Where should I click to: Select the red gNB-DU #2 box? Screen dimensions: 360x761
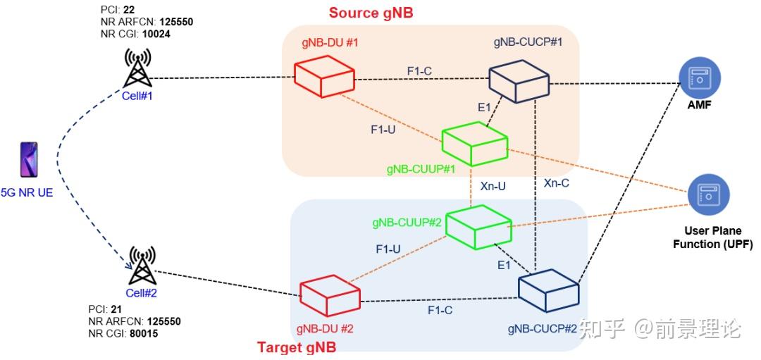tap(330, 297)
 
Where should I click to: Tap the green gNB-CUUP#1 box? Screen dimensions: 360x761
tap(474, 142)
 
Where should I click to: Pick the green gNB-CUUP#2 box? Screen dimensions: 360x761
tap(478, 225)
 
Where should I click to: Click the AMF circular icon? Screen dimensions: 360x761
tap(701, 80)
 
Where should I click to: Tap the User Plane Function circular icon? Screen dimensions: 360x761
tap(708, 195)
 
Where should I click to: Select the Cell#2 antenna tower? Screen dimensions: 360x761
tap(142, 266)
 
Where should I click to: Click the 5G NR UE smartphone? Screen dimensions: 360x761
tap(30, 161)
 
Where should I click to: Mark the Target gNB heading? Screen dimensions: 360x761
tap(296, 347)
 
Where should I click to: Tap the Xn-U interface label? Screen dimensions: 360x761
tap(493, 187)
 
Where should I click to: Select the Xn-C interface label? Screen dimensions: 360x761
tap(557, 183)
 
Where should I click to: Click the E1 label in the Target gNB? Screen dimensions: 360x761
tap(504, 266)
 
